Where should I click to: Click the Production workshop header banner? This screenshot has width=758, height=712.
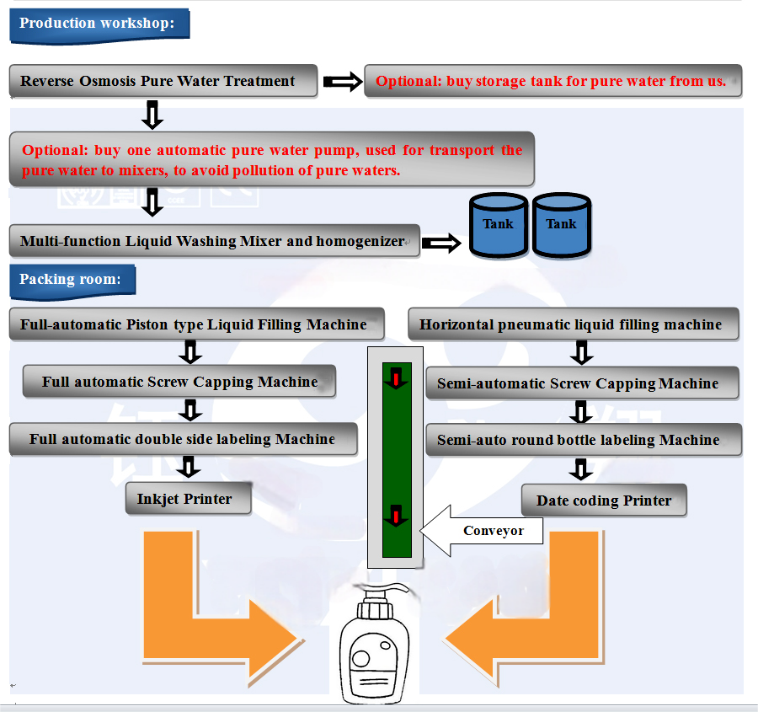pyautogui.click(x=99, y=24)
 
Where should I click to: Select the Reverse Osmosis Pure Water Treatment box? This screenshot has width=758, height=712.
pyautogui.click(x=163, y=82)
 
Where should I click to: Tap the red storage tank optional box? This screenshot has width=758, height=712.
pyautogui.click(x=552, y=82)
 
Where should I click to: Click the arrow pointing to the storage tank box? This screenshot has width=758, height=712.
pyautogui.click(x=342, y=82)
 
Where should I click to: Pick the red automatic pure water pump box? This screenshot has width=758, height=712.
pyautogui.click(x=271, y=159)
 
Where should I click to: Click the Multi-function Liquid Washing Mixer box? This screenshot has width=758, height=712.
pyautogui.click(x=213, y=241)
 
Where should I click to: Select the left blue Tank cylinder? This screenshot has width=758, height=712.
pyautogui.click(x=498, y=225)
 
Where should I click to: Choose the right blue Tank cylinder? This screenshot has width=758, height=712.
pyautogui.click(x=561, y=225)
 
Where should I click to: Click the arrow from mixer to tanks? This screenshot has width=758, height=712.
pyautogui.click(x=440, y=244)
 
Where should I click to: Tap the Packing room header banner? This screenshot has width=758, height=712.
pyautogui.click(x=72, y=280)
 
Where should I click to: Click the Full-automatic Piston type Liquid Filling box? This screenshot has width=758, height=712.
pyautogui.click(x=196, y=324)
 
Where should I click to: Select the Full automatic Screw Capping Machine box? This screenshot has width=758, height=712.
pyautogui.click(x=179, y=382)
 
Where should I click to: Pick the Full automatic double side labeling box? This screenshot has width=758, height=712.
pyautogui.click(x=183, y=439)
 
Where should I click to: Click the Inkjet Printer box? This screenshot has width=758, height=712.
pyautogui.click(x=184, y=499)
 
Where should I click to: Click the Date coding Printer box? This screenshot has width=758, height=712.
pyautogui.click(x=604, y=501)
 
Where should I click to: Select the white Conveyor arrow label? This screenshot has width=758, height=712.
pyautogui.click(x=483, y=531)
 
